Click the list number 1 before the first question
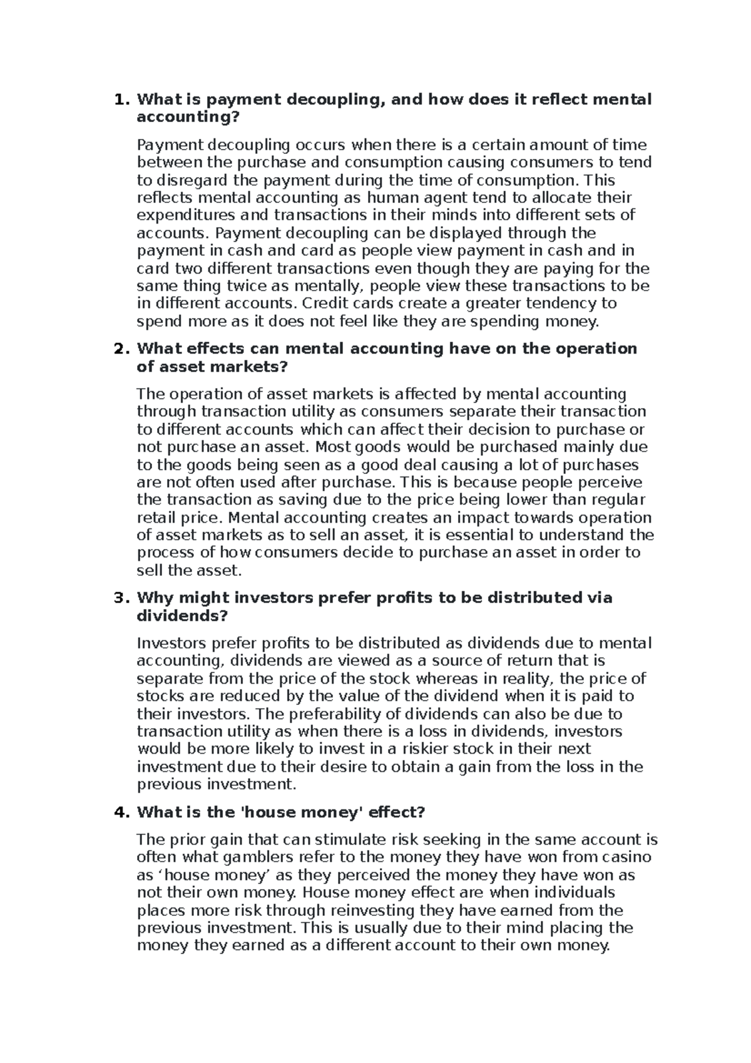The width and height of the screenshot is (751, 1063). [x=118, y=100]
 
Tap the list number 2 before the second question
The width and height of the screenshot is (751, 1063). [x=118, y=349]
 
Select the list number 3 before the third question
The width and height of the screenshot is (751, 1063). [x=118, y=598]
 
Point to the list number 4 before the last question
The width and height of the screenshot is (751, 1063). [x=118, y=813]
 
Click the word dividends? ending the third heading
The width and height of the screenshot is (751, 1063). [x=182, y=616]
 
